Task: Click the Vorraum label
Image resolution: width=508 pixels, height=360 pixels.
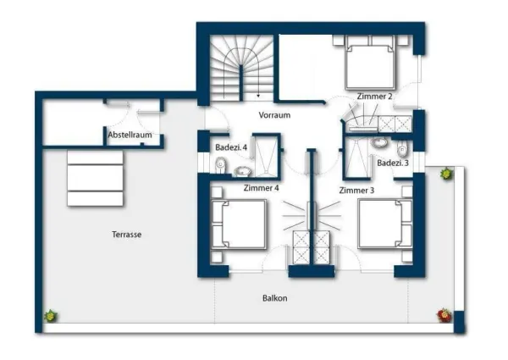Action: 274,115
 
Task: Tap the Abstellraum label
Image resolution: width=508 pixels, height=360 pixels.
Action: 130,135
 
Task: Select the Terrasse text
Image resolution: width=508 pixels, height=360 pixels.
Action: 127,235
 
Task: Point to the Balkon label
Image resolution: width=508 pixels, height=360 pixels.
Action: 274,298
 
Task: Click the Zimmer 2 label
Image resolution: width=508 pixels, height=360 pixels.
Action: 374,97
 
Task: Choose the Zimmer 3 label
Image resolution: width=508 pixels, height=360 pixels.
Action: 356,191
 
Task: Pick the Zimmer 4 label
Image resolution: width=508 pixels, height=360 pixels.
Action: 261,188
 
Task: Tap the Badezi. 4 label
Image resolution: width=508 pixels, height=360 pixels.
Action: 231,147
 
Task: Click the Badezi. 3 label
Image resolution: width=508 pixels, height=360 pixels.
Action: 393,163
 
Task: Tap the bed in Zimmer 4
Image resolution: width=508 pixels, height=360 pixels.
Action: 239,224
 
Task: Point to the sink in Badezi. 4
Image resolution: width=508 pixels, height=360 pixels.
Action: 243,171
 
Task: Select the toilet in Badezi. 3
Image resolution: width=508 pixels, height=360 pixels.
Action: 402,149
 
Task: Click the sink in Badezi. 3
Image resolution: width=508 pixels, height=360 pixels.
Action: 379,142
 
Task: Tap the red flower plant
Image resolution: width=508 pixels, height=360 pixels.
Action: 444,315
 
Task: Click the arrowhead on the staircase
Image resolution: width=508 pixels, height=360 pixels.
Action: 258,96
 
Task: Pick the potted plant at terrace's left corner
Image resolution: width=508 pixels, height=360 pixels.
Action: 51,316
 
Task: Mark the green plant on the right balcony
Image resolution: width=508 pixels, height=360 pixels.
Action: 446,174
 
